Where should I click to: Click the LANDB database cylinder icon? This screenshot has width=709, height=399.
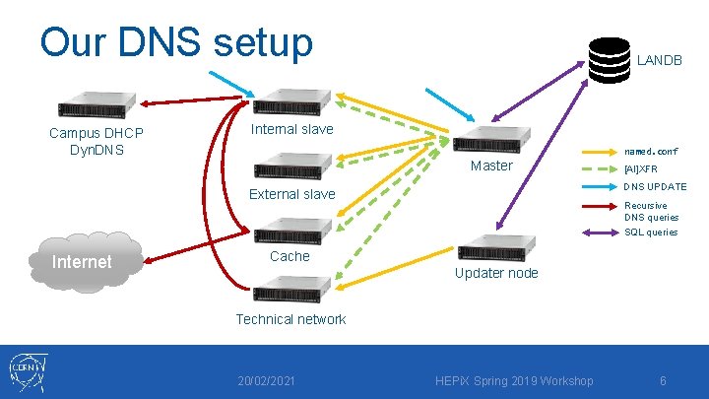[609, 59]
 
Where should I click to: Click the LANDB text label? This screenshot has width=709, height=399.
[659, 60]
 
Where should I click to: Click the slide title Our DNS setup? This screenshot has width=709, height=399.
[176, 43]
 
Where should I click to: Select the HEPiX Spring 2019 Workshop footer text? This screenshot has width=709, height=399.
[515, 381]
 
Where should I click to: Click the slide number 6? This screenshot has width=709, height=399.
[663, 381]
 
